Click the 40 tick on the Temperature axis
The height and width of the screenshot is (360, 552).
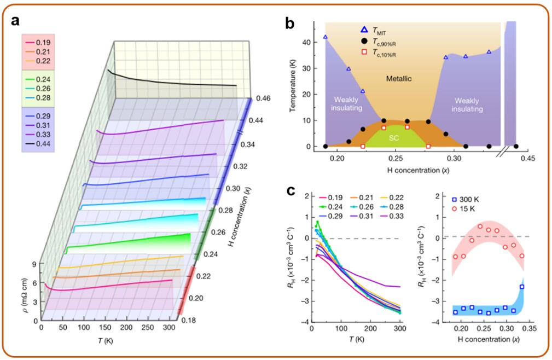[x=316, y=42]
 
